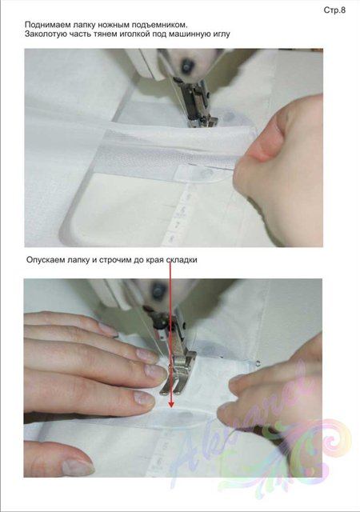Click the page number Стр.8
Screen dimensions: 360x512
[334, 10]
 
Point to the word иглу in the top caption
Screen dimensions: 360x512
[222, 34]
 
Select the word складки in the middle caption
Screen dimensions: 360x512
[182, 260]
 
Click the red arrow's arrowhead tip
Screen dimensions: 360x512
[170, 407]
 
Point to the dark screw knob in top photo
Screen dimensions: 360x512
[187, 66]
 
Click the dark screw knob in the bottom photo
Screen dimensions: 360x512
[159, 290]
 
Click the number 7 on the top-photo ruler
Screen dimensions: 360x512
[178, 225]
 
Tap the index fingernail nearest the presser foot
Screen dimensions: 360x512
[156, 373]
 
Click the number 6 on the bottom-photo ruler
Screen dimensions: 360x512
[159, 462]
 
